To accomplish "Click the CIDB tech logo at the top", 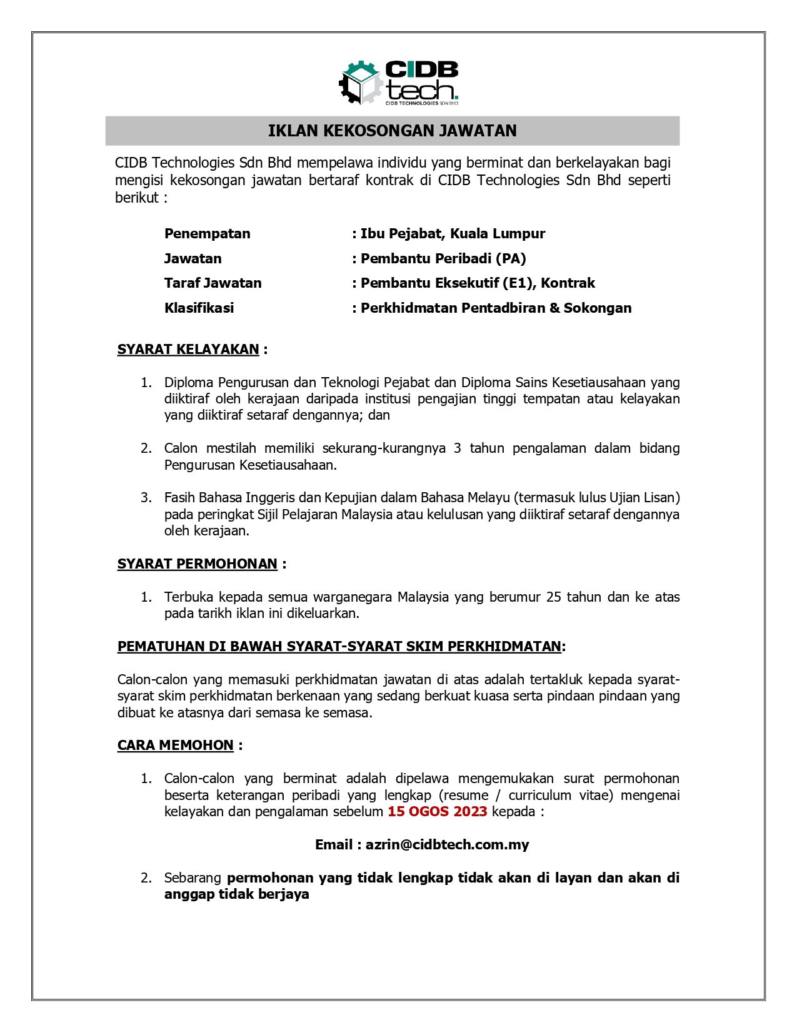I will [399, 83].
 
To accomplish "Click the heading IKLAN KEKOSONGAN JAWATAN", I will [392, 131].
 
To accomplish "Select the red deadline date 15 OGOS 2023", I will [437, 812].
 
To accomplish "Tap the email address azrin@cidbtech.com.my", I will [447, 845].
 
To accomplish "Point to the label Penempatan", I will [207, 234].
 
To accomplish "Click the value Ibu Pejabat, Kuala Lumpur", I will [453, 234].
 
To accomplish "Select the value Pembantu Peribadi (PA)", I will [443, 259].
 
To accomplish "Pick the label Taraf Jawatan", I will [213, 283].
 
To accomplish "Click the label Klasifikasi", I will [199, 308].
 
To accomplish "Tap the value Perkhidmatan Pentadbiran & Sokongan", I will [496, 308].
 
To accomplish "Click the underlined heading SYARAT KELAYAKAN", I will [188, 350].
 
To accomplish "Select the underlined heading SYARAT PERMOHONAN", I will [197, 564].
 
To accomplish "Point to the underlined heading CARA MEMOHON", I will [175, 746].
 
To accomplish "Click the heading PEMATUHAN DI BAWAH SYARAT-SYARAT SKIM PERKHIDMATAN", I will [339, 647].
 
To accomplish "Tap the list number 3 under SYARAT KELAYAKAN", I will [146, 498].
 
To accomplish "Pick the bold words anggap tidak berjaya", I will [236, 894].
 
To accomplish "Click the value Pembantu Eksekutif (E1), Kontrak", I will [478, 283].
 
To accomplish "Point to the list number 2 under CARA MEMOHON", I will [146, 878].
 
